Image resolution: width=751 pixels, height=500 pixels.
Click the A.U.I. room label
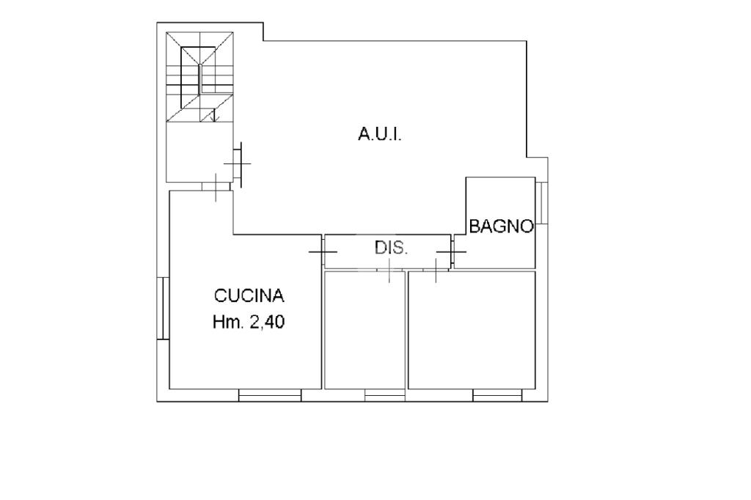click(380, 135)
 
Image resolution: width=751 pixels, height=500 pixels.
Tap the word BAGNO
click(501, 226)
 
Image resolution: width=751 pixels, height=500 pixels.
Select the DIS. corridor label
click(391, 248)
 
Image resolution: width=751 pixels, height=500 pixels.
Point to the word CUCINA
click(249, 295)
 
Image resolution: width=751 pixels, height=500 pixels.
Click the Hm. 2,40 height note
click(249, 322)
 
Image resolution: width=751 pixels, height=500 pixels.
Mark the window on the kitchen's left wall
click(164, 308)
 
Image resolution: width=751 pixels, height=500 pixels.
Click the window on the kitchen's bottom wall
click(270, 395)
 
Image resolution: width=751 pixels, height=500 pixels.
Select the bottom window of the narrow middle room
click(384, 395)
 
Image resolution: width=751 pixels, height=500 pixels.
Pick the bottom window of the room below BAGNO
click(498, 395)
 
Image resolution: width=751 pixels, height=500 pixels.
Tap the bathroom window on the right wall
click(542, 202)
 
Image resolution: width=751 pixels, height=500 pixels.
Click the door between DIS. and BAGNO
click(452, 251)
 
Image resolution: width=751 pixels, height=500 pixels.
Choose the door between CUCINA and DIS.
click(323, 251)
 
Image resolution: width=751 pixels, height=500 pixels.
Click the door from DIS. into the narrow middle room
click(389, 270)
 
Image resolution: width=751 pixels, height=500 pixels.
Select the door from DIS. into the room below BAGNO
click(436, 270)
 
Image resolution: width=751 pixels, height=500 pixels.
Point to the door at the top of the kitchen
click(216, 187)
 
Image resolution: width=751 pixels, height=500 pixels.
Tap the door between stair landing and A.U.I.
click(238, 164)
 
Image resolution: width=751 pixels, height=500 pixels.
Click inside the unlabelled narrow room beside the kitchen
click(365, 330)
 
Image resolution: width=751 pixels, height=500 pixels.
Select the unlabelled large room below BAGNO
click(472, 330)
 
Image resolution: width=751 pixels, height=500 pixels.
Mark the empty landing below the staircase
click(199, 151)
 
